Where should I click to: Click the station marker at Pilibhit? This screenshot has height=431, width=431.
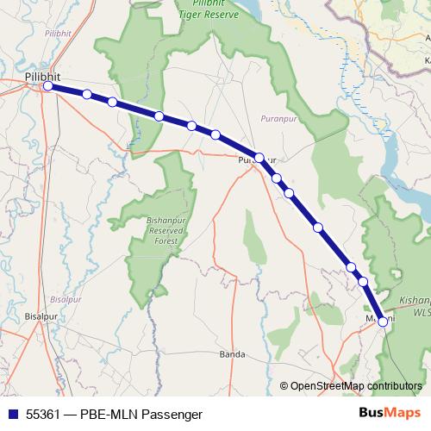click(48, 86)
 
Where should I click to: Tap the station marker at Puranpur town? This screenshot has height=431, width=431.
click(259, 158)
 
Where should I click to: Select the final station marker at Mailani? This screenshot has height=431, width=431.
click(383, 322)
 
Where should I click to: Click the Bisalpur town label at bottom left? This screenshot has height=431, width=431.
click(40, 315)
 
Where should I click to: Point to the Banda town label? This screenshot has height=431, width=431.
click(232, 354)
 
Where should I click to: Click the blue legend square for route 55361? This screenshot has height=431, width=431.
click(11, 414)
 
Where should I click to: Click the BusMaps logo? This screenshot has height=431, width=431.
click(390, 414)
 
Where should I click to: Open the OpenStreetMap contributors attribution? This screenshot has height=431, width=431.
click(356, 385)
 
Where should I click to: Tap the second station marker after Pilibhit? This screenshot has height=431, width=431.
click(112, 102)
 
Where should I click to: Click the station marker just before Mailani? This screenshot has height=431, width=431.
click(363, 281)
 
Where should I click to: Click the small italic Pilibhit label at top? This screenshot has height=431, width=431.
click(59, 33)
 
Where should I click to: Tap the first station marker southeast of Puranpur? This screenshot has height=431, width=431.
click(277, 178)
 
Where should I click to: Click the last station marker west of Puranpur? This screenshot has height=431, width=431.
click(215, 134)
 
